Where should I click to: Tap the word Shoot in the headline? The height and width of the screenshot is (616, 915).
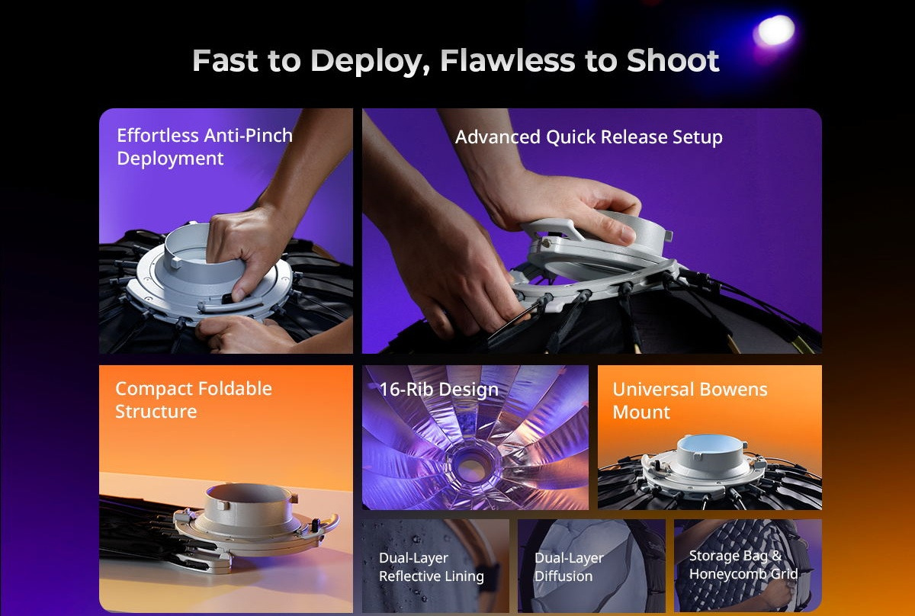tap(673, 60)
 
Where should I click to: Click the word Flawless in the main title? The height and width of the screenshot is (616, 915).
tap(507, 60)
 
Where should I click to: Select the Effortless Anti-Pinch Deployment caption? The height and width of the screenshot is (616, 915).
tap(204, 146)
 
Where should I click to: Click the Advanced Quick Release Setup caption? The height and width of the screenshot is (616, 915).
tap(589, 136)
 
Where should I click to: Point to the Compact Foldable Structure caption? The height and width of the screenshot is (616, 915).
tap(193, 400)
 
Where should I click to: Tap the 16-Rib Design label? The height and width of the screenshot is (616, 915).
tap(438, 390)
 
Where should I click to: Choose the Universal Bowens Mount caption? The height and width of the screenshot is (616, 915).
tap(690, 401)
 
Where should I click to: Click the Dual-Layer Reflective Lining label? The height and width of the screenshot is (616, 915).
tap(432, 566)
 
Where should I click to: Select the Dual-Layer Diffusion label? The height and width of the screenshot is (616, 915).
tap(569, 566)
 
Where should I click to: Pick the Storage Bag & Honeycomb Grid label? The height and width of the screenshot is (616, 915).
tap(743, 565)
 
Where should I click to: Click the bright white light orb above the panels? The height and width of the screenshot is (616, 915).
tap(775, 31)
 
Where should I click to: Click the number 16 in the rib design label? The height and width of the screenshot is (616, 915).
tap(388, 390)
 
